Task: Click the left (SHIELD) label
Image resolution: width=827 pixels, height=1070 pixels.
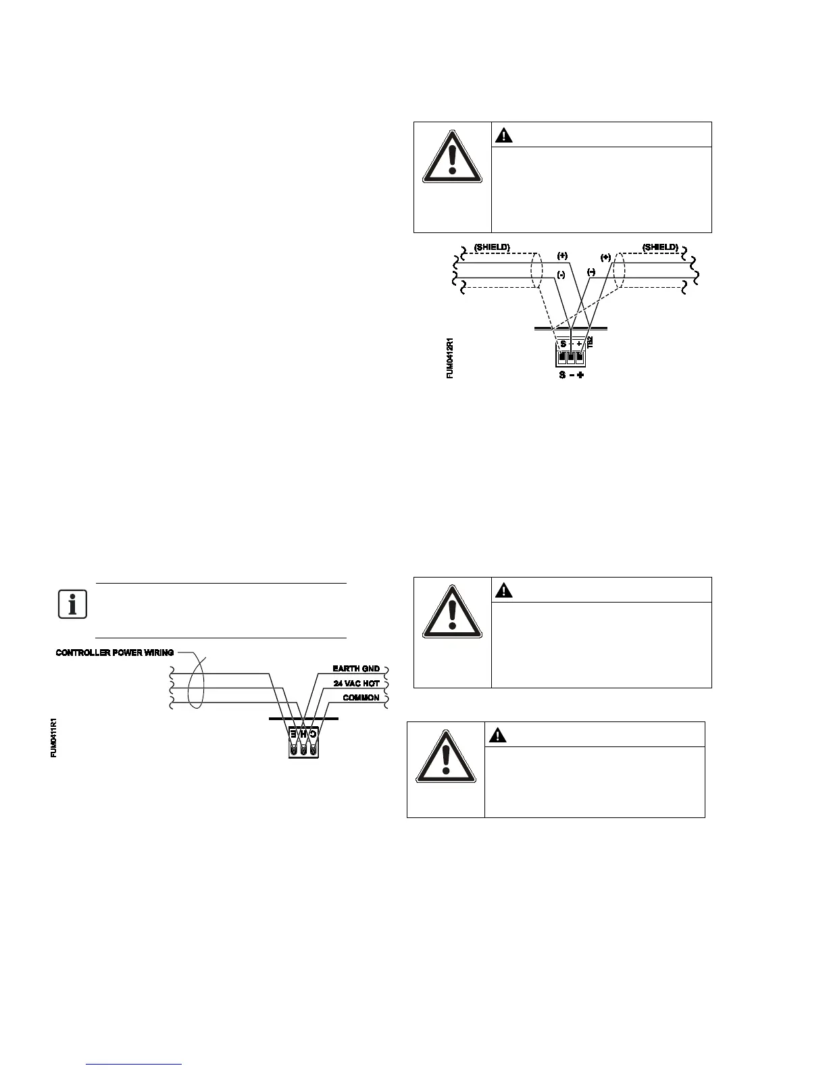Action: pyautogui.click(x=491, y=247)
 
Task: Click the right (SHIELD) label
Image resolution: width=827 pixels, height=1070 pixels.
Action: pyautogui.click(x=660, y=247)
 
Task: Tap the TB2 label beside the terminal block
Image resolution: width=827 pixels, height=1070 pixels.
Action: pyautogui.click(x=590, y=342)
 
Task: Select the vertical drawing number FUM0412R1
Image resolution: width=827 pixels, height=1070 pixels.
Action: pyautogui.click(x=450, y=357)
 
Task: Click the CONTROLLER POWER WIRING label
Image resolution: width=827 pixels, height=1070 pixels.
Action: pyautogui.click(x=115, y=653)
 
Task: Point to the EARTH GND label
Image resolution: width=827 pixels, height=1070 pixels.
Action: pyautogui.click(x=356, y=669)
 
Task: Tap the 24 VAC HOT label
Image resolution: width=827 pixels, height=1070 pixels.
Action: pyautogui.click(x=357, y=684)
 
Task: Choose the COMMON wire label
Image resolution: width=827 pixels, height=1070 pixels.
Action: pyautogui.click(x=361, y=698)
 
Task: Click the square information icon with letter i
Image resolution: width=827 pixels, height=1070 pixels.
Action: pyautogui.click(x=72, y=604)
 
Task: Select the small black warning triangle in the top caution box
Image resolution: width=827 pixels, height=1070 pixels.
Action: pyautogui.click(x=504, y=135)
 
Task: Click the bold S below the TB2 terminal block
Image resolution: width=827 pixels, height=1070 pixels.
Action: pyautogui.click(x=562, y=374)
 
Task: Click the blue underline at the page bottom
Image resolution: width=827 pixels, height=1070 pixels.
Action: pyautogui.click(x=134, y=1064)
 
